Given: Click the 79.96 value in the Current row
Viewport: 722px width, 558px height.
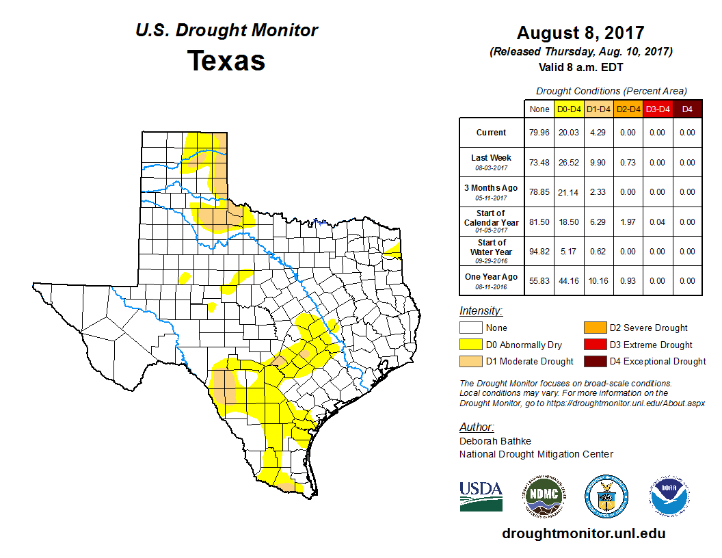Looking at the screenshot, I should tap(539, 133).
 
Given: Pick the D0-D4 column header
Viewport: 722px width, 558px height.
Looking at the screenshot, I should tap(569, 109).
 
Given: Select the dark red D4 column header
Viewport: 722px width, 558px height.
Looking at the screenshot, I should tap(687, 109).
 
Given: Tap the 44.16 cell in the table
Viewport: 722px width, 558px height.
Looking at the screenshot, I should tap(569, 280).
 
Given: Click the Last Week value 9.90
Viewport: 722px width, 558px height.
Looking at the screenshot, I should tap(598, 162).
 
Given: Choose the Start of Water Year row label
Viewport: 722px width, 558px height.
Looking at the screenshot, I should tap(492, 250).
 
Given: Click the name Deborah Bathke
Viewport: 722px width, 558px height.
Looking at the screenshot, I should tap(495, 441).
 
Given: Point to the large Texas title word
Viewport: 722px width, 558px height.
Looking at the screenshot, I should tap(226, 60).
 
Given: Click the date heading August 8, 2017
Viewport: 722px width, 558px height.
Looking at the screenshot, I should tap(580, 33).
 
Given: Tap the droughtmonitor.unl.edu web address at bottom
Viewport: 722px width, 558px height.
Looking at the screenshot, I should tap(583, 533).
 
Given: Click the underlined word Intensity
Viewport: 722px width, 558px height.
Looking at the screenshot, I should tap(481, 310).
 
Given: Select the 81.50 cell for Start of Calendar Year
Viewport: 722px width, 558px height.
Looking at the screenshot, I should tap(539, 222).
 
